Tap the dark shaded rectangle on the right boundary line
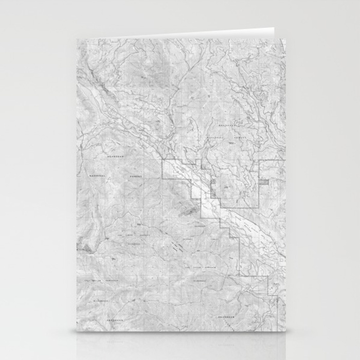coord(264,181)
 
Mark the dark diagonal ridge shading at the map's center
coord(188,208)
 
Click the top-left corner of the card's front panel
coord(77,39)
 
